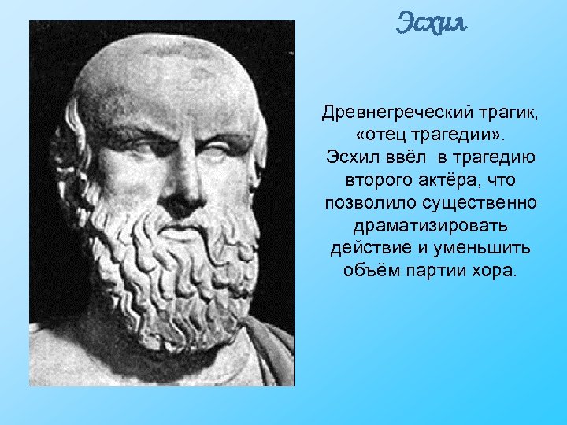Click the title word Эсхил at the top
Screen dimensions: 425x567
[x=431, y=23]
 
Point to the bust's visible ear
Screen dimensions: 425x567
[x=65, y=157]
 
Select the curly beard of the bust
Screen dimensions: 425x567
[x=169, y=268]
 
